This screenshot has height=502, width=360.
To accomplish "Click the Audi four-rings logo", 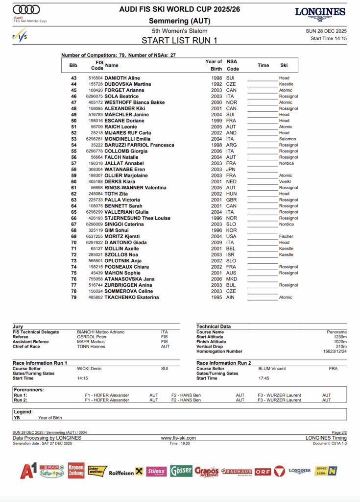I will click(x=26, y=9).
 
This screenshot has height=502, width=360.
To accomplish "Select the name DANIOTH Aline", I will click(x=122, y=78).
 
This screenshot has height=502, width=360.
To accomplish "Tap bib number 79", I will click(x=73, y=297).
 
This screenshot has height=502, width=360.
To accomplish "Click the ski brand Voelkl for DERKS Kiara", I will click(x=286, y=181).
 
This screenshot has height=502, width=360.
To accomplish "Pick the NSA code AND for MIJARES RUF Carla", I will click(x=231, y=133).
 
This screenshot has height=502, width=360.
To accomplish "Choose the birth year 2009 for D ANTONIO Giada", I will click(x=216, y=242).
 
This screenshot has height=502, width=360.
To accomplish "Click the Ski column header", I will click(x=284, y=65).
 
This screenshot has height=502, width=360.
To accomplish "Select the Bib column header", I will click(x=73, y=65).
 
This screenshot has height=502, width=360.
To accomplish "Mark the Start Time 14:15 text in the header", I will click(x=329, y=38).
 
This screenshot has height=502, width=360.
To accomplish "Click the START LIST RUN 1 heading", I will click(x=179, y=41).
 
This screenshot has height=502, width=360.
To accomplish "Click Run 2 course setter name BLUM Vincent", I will click(x=272, y=369).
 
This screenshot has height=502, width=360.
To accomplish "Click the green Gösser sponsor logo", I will click(x=181, y=471).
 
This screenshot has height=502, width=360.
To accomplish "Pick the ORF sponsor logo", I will click(x=263, y=472).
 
